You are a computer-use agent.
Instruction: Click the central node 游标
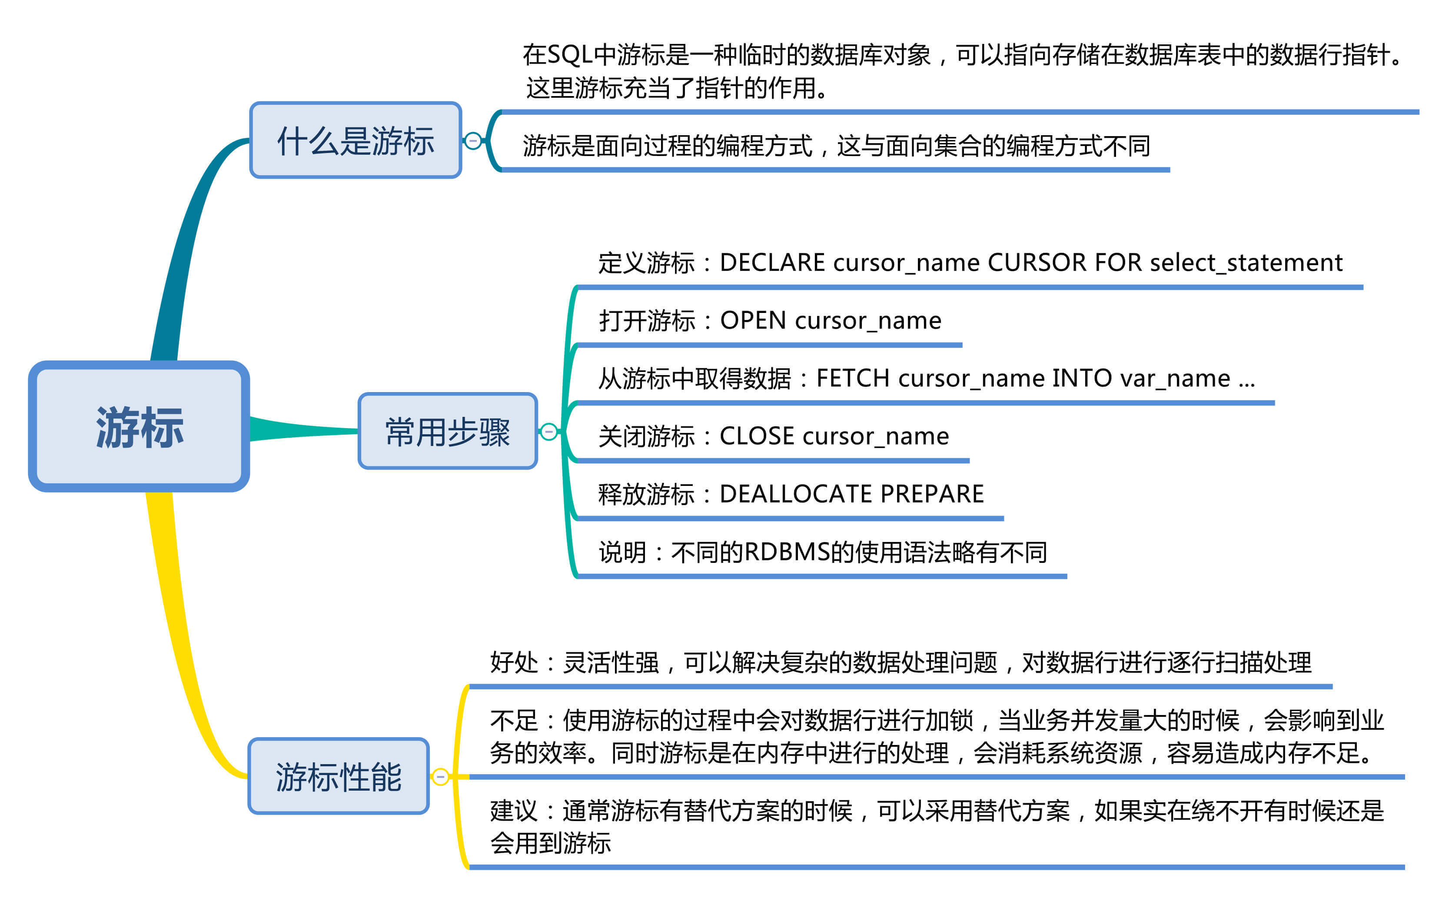pos(139,426)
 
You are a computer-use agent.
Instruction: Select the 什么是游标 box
pos(355,140)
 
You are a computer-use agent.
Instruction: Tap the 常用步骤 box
pos(447,431)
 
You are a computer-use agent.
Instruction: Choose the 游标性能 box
pos(338,776)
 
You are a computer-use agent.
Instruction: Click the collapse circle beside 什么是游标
pos(473,141)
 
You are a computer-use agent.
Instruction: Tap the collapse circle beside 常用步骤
pos(549,431)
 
